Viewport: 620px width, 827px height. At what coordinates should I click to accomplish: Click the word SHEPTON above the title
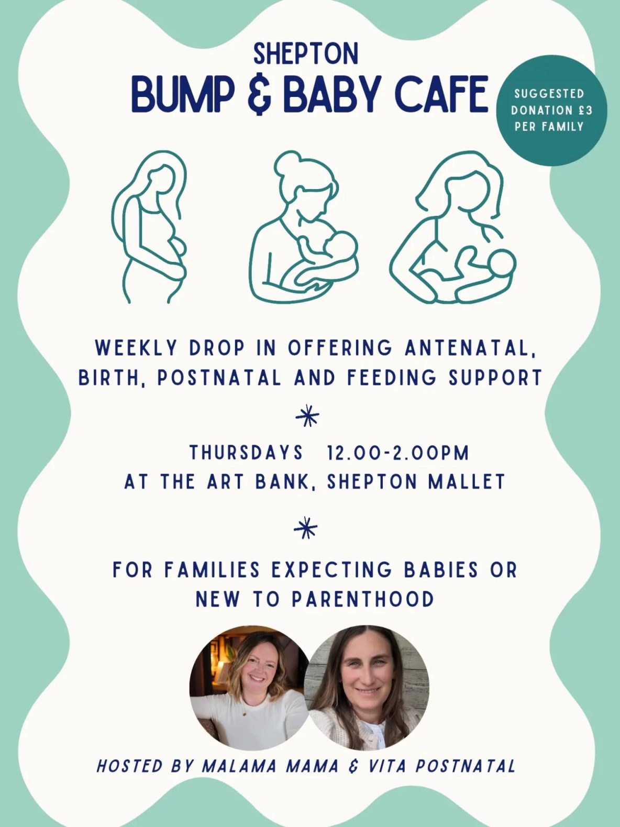tap(305, 54)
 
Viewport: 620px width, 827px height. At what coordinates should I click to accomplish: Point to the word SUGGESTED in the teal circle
tap(549, 93)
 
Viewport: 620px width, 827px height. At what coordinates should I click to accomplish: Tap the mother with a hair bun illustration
tap(304, 227)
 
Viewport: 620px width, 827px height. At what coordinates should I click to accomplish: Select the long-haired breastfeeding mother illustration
tap(453, 227)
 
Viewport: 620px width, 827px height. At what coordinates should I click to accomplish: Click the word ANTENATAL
tap(470, 348)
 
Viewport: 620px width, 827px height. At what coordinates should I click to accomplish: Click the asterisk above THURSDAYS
tap(307, 415)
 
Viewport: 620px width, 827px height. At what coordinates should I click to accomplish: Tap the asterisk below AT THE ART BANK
tap(305, 528)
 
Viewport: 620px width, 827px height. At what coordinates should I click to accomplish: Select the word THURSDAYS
tap(246, 452)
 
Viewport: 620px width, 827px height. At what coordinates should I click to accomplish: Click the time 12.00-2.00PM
tap(398, 453)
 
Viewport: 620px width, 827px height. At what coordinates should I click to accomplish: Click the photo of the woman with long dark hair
tap(367, 687)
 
